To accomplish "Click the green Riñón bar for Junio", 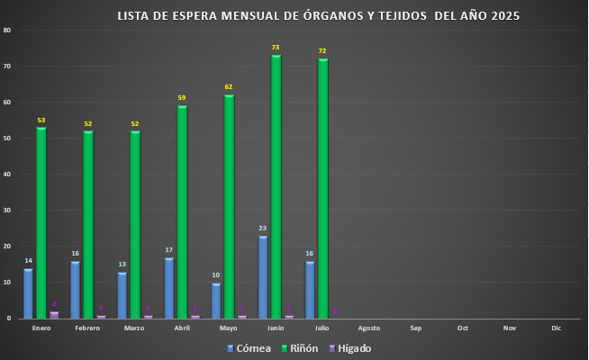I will coord(276,187).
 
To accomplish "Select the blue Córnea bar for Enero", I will coord(28,293).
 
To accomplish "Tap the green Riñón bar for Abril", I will coord(182,212).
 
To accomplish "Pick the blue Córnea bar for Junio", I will coord(263,277).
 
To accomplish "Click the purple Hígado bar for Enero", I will coord(54,315).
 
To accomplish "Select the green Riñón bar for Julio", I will coord(322,189).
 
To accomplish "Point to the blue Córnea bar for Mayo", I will coord(216,301).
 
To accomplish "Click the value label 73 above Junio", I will coord(276,47).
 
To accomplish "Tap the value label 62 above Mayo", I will coord(229,86).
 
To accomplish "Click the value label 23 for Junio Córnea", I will coord(263,229).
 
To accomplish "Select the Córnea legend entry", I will coord(249,348).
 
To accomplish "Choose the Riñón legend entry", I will coord(297,348).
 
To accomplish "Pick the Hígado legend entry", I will coord(347,348).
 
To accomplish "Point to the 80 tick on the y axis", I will coord(7,31).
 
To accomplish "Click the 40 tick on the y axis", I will coord(7,175).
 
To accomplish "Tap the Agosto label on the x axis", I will coord(369,328).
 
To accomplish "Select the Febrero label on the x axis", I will coord(87,328).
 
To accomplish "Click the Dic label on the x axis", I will coord(556,328).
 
